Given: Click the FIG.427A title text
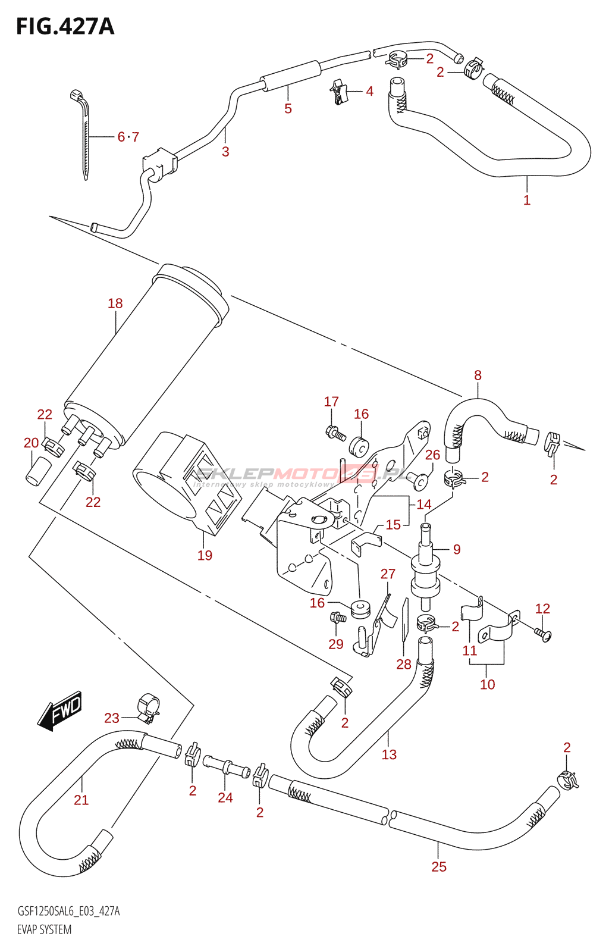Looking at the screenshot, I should coord(65,27).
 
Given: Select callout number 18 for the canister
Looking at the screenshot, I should coord(115,303).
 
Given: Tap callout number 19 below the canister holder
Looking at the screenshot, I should coord(205,555).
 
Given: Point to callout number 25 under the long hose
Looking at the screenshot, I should coord(439,867).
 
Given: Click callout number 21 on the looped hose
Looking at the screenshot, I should coord(81,800).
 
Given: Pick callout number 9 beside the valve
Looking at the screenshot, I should coord(457,549).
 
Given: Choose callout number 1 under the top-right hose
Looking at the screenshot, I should coord(527,200).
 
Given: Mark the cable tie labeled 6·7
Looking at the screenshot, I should coord(84,137).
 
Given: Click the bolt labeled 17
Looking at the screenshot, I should coord(336,434).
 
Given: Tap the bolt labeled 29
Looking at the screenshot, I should coord(338,618).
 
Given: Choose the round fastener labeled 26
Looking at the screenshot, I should coord(421,481).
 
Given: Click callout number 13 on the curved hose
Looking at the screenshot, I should coord(389,754).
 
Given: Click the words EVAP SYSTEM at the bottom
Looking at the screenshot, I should coord(44,929).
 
